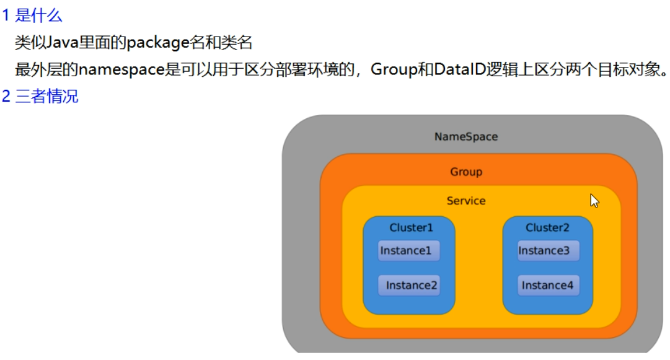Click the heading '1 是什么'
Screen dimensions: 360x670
(32, 15)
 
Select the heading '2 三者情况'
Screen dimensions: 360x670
(40, 97)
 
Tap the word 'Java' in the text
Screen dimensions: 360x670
(60, 43)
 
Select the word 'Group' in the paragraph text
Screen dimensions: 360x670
(394, 69)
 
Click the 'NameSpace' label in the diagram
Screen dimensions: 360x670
(465, 136)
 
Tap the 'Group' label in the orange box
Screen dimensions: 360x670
(466, 172)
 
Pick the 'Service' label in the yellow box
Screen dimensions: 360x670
(466, 201)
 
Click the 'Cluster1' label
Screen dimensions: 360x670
(411, 227)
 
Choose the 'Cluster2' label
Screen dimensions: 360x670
(547, 227)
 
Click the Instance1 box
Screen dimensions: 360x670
(409, 251)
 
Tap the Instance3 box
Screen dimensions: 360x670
(548, 251)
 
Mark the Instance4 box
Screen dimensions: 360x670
(549, 286)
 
